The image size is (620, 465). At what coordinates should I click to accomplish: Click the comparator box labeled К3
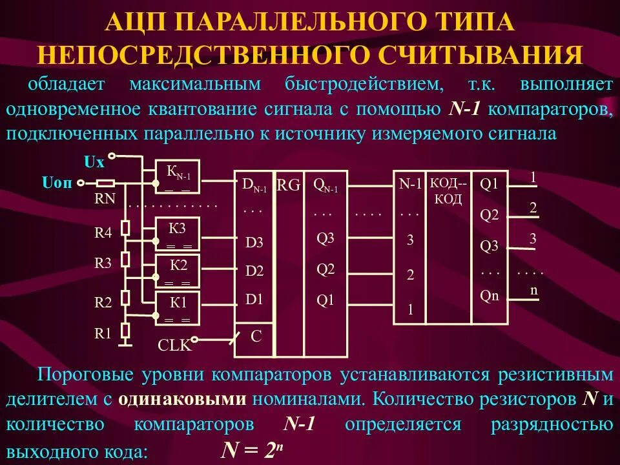click(178, 233)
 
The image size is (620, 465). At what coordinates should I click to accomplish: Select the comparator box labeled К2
click(178, 270)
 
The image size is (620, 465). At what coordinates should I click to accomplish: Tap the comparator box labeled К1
click(178, 307)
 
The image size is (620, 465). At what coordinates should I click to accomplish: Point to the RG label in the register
click(289, 186)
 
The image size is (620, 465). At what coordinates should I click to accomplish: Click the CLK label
click(174, 346)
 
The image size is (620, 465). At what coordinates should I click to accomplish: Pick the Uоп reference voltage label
click(59, 182)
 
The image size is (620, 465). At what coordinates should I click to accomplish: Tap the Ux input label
click(94, 162)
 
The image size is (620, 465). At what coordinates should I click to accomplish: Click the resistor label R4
click(103, 233)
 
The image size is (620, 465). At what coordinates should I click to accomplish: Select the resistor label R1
click(103, 333)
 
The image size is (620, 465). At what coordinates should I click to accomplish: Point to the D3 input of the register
click(254, 243)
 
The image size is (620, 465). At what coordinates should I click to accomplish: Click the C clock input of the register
click(256, 336)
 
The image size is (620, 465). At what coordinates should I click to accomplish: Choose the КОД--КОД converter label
click(448, 191)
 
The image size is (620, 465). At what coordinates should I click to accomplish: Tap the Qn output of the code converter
click(489, 295)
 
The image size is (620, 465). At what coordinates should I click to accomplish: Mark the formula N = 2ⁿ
click(251, 449)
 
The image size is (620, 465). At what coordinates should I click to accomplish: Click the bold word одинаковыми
click(182, 398)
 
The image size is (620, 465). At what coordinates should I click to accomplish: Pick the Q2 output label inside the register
click(325, 269)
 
